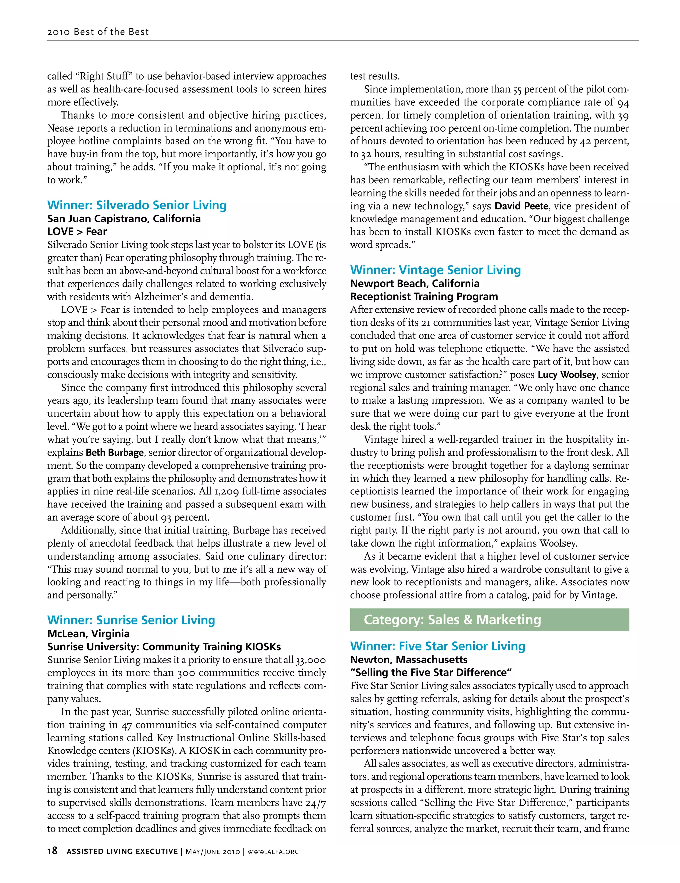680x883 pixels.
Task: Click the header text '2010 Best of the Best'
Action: [98, 32]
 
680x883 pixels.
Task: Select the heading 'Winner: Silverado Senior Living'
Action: [137, 205]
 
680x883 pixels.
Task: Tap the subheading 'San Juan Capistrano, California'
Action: [124, 219]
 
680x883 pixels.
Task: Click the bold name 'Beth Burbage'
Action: [115, 452]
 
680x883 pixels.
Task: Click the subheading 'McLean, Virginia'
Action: [89, 634]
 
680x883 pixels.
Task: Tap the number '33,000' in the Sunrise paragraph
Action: [310, 660]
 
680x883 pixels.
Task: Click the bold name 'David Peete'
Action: [521, 206]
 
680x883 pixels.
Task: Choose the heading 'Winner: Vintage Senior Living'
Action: [435, 270]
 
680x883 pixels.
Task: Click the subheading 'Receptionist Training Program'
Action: [424, 296]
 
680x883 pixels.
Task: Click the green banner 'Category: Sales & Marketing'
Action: [489, 620]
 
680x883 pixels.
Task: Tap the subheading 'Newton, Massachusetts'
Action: [408, 660]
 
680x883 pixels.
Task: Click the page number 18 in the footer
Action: [52, 851]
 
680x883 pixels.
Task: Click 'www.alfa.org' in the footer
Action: [273, 851]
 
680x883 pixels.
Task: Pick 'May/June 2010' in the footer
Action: [212, 851]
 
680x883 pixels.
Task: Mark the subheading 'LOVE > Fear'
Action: [77, 232]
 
